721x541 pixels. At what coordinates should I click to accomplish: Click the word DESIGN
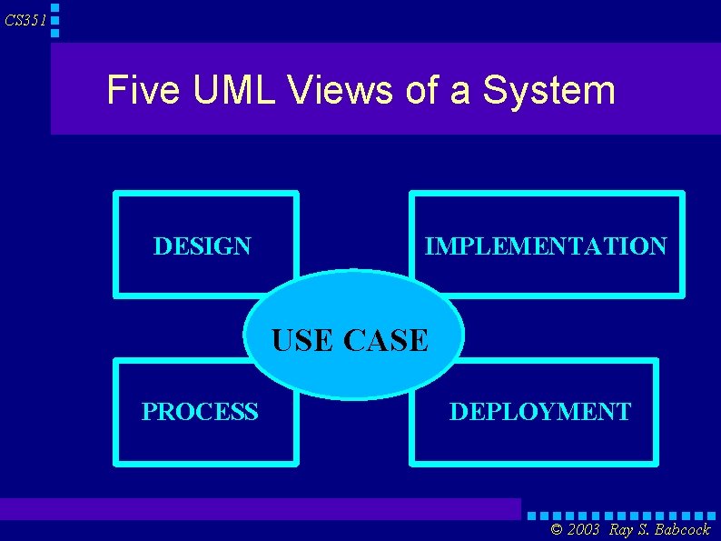click(x=202, y=246)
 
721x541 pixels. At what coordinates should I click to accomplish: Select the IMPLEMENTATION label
click(x=546, y=246)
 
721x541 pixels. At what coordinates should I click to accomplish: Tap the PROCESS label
click(x=200, y=412)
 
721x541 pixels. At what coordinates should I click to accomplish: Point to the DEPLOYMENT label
click(x=540, y=412)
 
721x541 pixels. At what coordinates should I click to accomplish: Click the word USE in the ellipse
click(x=304, y=340)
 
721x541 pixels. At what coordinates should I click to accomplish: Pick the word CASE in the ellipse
click(x=386, y=340)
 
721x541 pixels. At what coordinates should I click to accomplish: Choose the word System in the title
click(x=548, y=90)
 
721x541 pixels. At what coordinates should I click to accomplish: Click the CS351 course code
click(x=25, y=20)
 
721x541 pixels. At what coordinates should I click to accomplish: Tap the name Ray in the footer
click(x=622, y=530)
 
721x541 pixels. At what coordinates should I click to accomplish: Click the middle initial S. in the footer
click(x=643, y=530)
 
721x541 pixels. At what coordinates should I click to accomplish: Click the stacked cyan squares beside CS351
click(x=55, y=20)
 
